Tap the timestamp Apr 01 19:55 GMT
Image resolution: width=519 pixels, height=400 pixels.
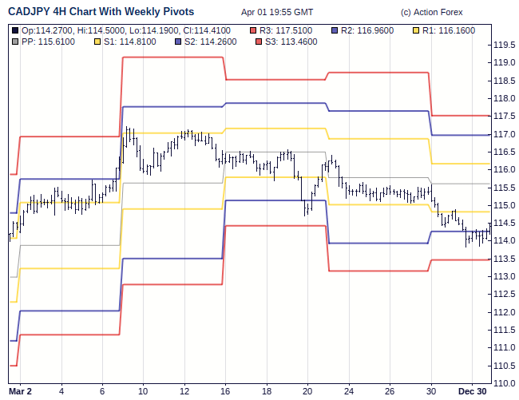(278, 13)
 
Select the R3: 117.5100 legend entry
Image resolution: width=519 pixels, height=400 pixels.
(288, 30)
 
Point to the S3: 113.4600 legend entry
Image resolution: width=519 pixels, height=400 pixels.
(288, 40)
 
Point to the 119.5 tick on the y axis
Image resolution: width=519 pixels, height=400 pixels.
(504, 46)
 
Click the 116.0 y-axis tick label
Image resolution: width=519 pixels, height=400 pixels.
(504, 170)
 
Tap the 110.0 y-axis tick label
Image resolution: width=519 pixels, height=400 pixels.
(504, 383)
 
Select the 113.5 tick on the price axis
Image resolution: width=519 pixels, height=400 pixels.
(504, 259)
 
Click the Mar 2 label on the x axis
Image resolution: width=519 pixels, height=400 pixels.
(20, 391)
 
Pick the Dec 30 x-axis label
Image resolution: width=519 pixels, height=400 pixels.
(471, 391)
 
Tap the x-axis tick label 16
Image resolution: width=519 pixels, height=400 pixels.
(226, 391)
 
